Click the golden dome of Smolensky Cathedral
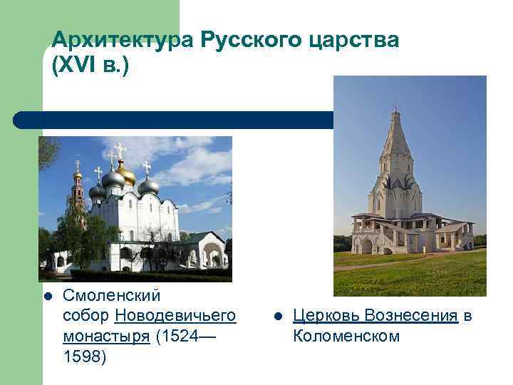click(x=126, y=173)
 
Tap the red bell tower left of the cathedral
click(x=78, y=196)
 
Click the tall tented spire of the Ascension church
click(x=395, y=143)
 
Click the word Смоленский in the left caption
click(x=112, y=295)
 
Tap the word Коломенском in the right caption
click(x=346, y=336)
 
